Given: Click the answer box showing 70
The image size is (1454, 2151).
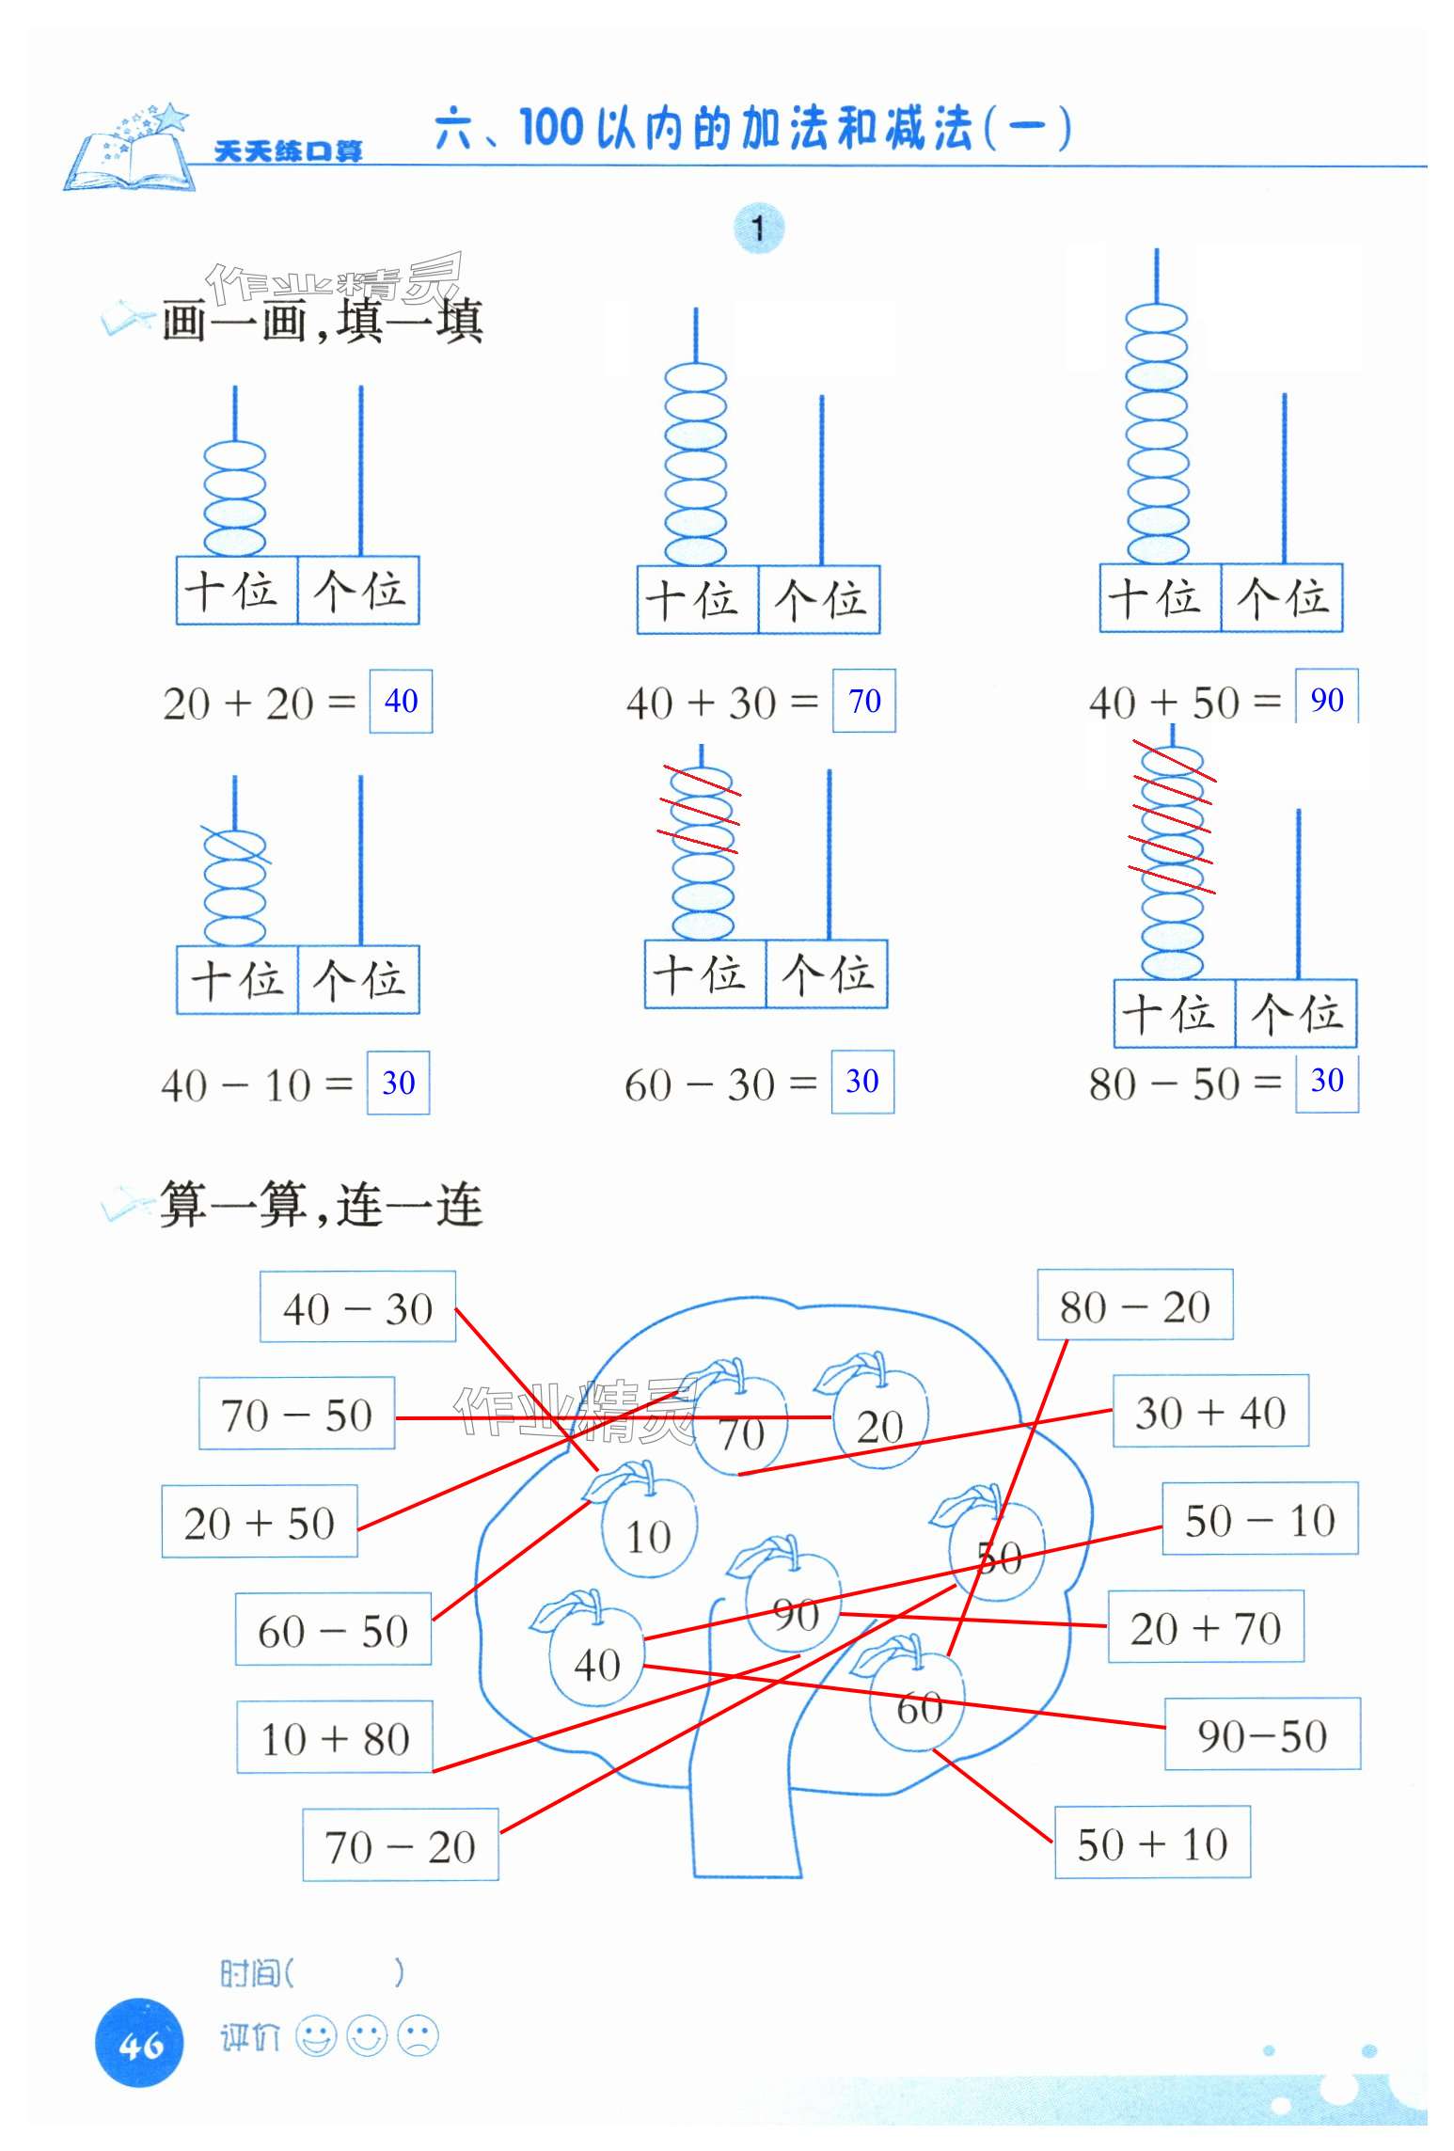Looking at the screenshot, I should coord(863,701).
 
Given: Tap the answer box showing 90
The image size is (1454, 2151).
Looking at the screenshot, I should coord(1326,699).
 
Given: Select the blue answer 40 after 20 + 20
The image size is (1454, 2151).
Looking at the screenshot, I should coord(401,701).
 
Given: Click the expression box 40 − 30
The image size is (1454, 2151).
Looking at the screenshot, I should coord(357,1307).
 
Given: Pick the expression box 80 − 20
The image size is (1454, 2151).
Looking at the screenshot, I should coord(1134,1305).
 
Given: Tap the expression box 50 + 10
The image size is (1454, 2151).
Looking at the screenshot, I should coord(1152,1843).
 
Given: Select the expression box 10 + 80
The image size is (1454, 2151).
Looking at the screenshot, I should coord(335,1738).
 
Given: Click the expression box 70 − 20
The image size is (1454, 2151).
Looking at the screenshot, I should coord(400,1846).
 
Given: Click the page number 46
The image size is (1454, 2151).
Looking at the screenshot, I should coord(140,2045).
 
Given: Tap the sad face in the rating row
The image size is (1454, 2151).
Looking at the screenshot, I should coord(418,2037).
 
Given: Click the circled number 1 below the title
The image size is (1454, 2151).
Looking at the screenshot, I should coord(758,229).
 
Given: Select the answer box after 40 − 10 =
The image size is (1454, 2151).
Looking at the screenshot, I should coord(398,1083).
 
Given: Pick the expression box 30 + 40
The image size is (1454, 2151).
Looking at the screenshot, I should coord(1209,1412).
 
